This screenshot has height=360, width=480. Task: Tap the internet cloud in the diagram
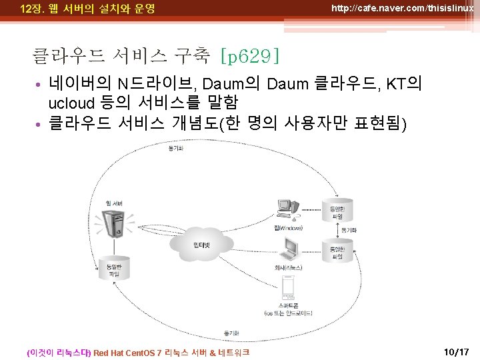201,246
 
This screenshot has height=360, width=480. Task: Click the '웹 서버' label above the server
113,203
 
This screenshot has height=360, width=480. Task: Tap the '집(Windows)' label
288,229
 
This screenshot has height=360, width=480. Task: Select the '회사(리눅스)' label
288,267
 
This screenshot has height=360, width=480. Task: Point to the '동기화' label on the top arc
177,148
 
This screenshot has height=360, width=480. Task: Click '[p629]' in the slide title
249,56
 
